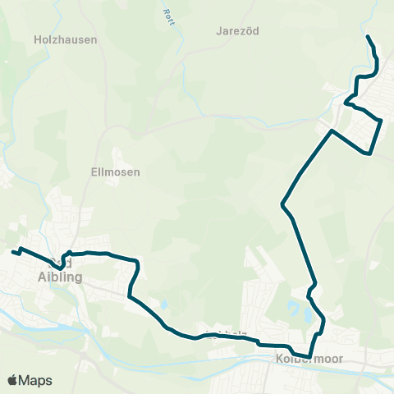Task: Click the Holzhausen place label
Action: pyautogui.click(x=66, y=39)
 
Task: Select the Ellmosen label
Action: pyautogui.click(x=115, y=172)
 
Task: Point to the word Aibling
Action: pyautogui.click(x=61, y=277)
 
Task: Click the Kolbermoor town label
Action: pyautogui.click(x=311, y=360)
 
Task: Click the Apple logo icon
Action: pyautogui.click(x=13, y=380)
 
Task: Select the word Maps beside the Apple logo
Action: pyautogui.click(x=35, y=380)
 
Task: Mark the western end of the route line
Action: pyautogui.click(x=13, y=252)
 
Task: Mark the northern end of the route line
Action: pyautogui.click(x=367, y=37)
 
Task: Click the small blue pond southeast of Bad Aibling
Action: pyautogui.click(x=163, y=305)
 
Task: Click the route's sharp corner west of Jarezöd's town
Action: pyautogui.click(x=332, y=131)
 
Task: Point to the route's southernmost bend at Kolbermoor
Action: pyautogui.click(x=309, y=356)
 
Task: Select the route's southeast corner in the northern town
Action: pyautogui.click(x=371, y=153)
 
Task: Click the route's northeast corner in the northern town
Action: pyautogui.click(x=382, y=121)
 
